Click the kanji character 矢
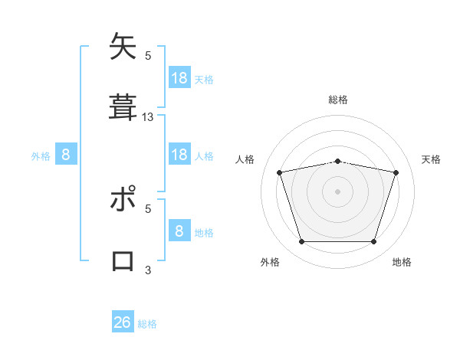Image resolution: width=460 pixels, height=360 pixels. (123, 47)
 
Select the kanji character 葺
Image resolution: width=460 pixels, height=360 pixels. (123, 106)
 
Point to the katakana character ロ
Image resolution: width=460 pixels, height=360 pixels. (123, 260)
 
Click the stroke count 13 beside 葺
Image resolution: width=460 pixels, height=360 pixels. (148, 117)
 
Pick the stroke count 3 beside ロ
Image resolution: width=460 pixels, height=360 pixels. (148, 270)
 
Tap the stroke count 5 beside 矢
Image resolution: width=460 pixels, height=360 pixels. (148, 55)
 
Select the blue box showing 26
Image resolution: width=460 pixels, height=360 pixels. (123, 322)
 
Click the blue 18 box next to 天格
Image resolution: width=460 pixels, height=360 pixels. (179, 77)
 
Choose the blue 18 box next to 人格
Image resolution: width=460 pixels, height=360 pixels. (179, 155)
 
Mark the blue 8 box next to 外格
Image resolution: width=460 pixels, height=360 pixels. (66, 155)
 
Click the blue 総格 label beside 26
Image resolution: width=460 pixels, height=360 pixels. (147, 324)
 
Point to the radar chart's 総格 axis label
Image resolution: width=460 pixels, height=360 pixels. (337, 100)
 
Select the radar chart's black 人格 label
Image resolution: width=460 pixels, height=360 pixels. (245, 159)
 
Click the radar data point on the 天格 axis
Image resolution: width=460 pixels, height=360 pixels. (396, 172)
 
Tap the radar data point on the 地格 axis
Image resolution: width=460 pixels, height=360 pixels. (373, 242)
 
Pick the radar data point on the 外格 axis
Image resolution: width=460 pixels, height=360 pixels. (301, 242)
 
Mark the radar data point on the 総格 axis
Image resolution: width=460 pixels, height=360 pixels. (337, 161)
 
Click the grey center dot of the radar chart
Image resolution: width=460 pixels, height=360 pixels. (337, 191)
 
